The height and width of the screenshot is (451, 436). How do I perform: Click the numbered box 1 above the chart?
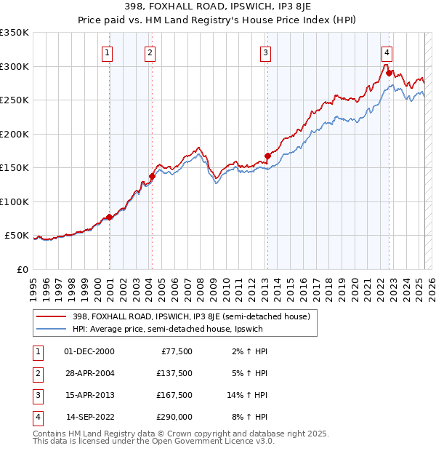107,52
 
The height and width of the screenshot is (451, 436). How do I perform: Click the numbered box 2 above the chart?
149,52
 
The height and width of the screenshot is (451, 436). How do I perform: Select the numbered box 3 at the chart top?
266,52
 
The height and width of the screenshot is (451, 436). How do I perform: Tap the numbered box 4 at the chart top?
387,52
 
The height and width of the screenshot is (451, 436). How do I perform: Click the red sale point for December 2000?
109,217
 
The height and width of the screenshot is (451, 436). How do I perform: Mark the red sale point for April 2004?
153,176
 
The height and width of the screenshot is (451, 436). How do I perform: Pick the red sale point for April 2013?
267,156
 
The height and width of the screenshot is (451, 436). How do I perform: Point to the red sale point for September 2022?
389,73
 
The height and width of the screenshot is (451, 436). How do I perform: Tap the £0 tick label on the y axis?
22,269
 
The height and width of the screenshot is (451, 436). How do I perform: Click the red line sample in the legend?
52,316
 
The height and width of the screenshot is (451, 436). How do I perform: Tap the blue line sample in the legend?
52,329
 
